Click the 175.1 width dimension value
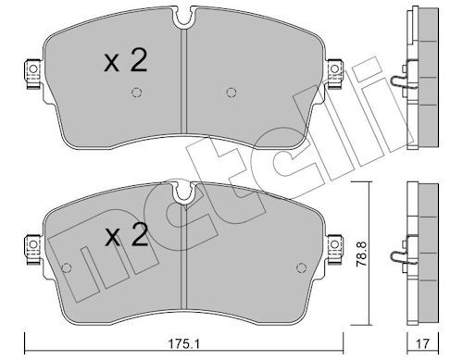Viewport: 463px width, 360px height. coord(183,343)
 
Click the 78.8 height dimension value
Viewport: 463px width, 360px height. coord(361,254)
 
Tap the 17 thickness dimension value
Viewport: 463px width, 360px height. coord(422,343)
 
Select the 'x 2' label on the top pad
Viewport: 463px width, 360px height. coord(125,61)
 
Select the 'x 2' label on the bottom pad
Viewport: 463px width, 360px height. coord(126,235)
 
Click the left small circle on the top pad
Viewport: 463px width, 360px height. coord(136,93)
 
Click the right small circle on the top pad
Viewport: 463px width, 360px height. coord(231,93)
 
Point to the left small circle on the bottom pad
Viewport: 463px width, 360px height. coord(67,267)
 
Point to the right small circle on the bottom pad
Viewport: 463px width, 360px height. coord(301,267)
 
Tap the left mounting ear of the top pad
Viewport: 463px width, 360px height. coord(32,74)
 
